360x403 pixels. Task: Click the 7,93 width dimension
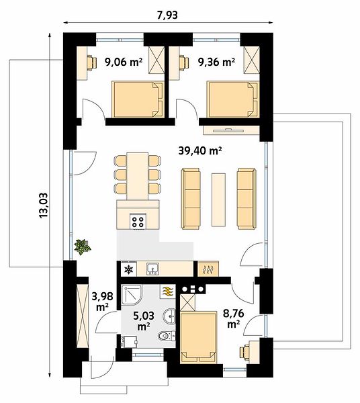167,15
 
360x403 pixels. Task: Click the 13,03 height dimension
44,206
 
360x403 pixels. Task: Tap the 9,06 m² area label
124,62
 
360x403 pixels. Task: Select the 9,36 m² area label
216,62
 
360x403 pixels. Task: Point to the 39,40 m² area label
200,150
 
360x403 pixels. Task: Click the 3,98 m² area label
103,301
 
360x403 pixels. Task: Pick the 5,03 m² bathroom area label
144,320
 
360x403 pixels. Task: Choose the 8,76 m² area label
233,318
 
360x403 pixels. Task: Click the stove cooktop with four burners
138,221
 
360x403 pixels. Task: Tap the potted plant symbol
82,247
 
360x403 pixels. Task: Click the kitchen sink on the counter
152,269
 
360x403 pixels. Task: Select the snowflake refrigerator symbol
129,269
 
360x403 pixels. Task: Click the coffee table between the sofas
218,199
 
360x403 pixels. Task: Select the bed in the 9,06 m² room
138,99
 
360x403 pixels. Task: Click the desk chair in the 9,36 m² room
184,62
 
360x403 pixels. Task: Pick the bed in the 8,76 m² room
199,337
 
